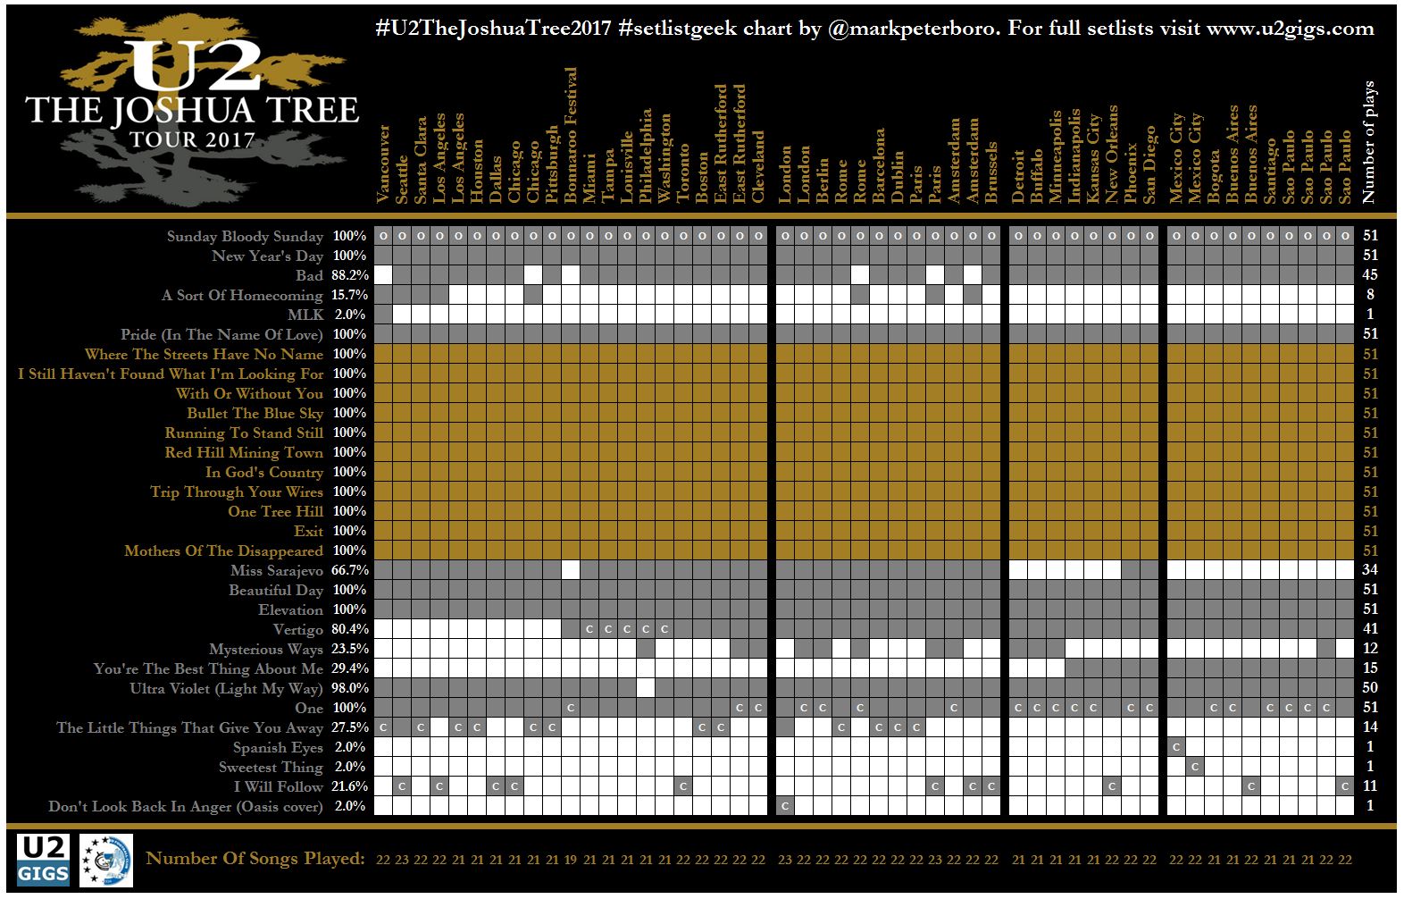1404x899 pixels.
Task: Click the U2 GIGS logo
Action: coord(43,860)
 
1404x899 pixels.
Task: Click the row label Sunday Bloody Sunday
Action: coord(245,236)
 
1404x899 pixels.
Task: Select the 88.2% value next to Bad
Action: coord(350,275)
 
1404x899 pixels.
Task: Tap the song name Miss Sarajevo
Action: coord(276,570)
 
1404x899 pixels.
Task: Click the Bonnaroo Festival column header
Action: coord(571,135)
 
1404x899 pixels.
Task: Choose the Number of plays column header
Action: coord(1369,142)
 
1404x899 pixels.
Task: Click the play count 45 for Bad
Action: coord(1370,275)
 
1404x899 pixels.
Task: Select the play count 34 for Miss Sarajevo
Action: coord(1370,570)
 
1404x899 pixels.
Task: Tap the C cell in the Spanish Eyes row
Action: coord(1176,747)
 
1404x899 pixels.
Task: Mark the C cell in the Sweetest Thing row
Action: coord(1195,767)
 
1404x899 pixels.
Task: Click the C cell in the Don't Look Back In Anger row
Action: coord(785,806)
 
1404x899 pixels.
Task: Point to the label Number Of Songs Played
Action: coord(255,859)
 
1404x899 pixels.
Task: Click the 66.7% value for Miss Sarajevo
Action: coord(350,570)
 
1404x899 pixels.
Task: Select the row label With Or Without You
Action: coord(249,393)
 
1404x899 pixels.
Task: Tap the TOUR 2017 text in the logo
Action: coord(192,139)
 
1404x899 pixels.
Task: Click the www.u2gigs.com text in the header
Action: coord(1290,28)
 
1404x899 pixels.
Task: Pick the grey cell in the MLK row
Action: coord(383,315)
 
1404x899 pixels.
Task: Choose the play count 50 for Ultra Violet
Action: coord(1370,688)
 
